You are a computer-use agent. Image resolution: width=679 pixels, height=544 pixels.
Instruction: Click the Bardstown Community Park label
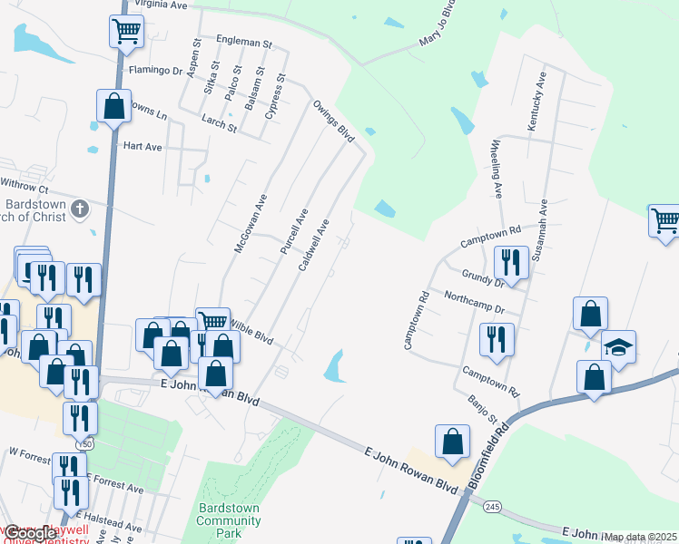pyautogui.click(x=229, y=520)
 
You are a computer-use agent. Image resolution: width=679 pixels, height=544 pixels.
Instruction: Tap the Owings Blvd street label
pyautogui.click(x=332, y=120)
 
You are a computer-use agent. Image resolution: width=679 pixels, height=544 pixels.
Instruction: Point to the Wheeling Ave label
pyautogui.click(x=497, y=170)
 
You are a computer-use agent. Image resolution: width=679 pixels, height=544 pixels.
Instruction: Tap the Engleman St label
pyautogui.click(x=243, y=43)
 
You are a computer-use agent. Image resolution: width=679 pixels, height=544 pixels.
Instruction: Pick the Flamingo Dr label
pyautogui.click(x=155, y=70)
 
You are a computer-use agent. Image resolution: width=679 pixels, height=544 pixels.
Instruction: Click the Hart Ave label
pyautogui.click(x=142, y=146)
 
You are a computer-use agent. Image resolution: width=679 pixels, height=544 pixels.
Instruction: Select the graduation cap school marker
pyautogui.click(x=619, y=349)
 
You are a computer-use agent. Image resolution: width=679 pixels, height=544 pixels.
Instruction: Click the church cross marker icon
pyautogui.click(x=80, y=209)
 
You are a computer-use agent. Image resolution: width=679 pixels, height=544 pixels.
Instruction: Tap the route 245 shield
pyautogui.click(x=492, y=506)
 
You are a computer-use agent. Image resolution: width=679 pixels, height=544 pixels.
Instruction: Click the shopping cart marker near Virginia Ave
pyautogui.click(x=126, y=31)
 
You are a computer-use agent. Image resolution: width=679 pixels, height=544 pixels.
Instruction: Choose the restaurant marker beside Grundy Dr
pyautogui.click(x=510, y=263)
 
